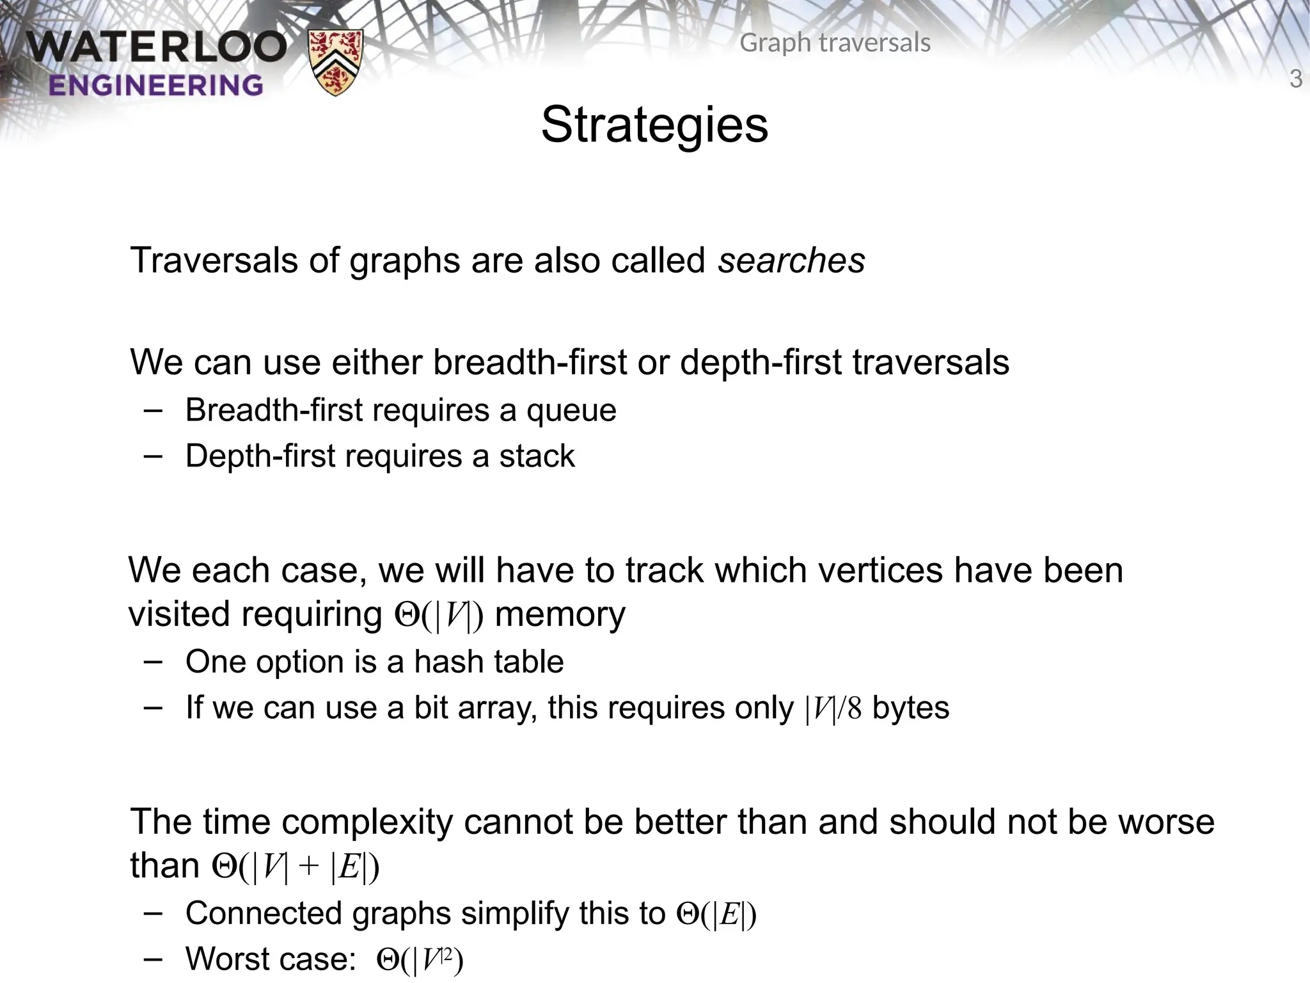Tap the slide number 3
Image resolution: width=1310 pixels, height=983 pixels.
pyautogui.click(x=1295, y=79)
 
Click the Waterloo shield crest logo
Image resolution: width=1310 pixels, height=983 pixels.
pyautogui.click(x=335, y=62)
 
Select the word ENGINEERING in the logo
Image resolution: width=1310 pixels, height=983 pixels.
pyautogui.click(x=155, y=85)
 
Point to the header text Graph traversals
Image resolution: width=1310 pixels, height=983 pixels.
pyautogui.click(x=834, y=43)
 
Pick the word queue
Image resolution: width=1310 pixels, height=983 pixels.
pyautogui.click(x=571, y=410)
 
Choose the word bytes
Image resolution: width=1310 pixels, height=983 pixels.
pyautogui.click(x=911, y=708)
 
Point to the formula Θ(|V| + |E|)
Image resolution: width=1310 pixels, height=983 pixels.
pyautogui.click(x=296, y=867)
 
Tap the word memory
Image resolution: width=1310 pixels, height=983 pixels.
pyautogui.click(x=560, y=614)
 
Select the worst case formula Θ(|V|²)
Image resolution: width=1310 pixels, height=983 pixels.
pyautogui.click(x=420, y=960)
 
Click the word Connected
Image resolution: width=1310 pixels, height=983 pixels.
pyautogui.click(x=263, y=913)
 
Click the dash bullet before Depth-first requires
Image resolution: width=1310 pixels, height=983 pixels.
pyautogui.click(x=153, y=456)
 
